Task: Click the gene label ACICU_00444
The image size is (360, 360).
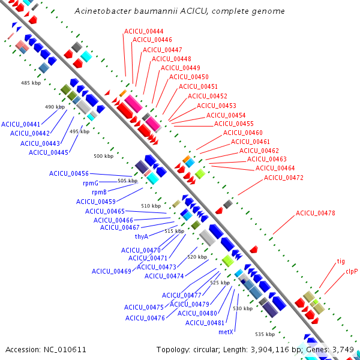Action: [144, 31]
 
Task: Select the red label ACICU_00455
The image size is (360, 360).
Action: [234, 124]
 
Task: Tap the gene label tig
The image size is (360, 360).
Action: [341, 261]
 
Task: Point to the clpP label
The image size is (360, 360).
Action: [352, 272]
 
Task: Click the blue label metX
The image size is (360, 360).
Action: [226, 332]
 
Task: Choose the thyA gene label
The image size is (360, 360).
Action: [142, 236]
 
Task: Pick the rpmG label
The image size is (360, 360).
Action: [91, 183]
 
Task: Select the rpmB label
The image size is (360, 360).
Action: [99, 192]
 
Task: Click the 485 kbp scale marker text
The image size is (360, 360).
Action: [31, 83]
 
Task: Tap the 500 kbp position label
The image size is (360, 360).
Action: [104, 156]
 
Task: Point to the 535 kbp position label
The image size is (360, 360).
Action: [265, 334]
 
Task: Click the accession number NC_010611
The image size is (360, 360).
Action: [65, 350]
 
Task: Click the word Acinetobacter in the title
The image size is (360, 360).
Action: [103, 11]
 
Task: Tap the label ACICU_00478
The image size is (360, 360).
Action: [315, 213]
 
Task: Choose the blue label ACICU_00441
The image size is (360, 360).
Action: [20, 124]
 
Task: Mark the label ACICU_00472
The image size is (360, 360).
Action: [284, 178]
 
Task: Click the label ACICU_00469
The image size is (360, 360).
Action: [112, 271]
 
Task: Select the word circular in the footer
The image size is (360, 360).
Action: [205, 350]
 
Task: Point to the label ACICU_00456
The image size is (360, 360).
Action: [69, 173]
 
